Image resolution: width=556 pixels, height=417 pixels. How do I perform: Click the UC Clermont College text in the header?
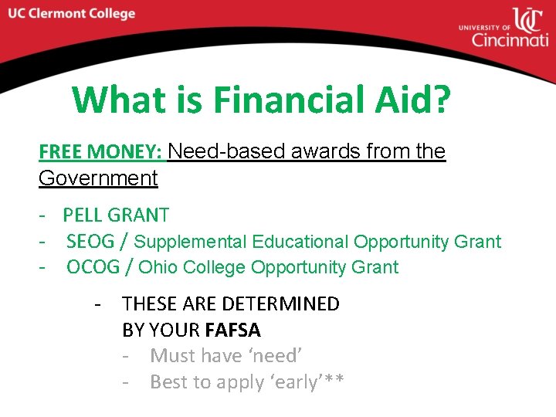coord(73,14)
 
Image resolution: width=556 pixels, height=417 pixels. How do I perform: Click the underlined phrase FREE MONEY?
coord(100,151)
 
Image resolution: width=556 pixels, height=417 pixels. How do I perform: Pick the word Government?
coord(98,178)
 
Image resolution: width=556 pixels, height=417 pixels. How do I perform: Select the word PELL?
coord(86,215)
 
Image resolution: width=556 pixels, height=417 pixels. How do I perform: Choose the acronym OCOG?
coord(90,267)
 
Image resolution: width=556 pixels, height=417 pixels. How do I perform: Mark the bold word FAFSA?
coord(233,330)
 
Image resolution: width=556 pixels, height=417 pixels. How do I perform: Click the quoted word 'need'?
coord(275,356)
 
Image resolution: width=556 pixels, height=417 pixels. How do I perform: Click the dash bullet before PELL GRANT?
coord(46,215)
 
